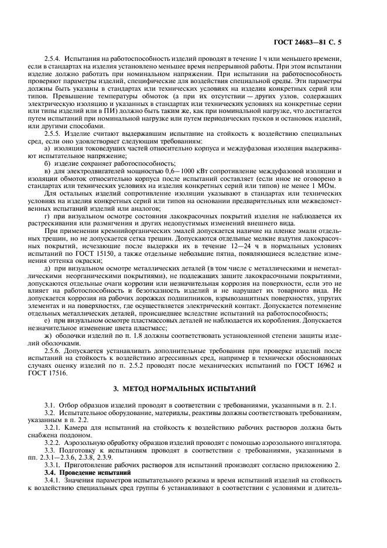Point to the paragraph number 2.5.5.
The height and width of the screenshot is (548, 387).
55,133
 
